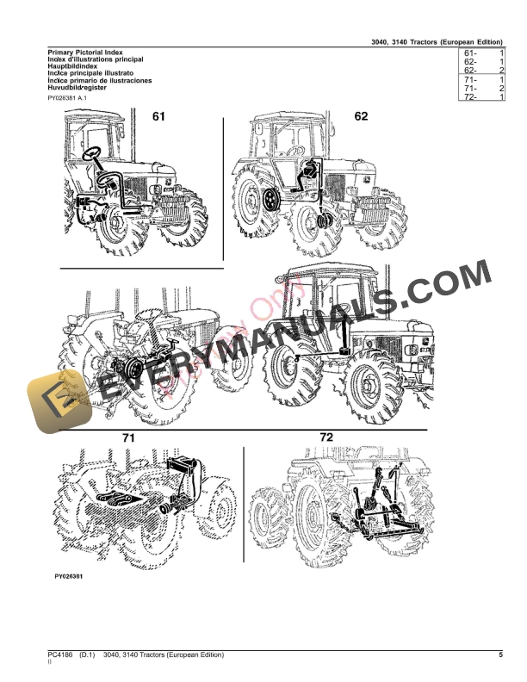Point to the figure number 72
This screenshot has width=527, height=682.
coord(326,438)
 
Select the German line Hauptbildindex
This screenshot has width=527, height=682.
coord(73,66)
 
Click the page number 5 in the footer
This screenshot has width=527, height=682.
coord(500,655)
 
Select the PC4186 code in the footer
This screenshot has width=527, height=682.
coord(59,655)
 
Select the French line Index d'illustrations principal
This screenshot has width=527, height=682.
coord(96,59)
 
